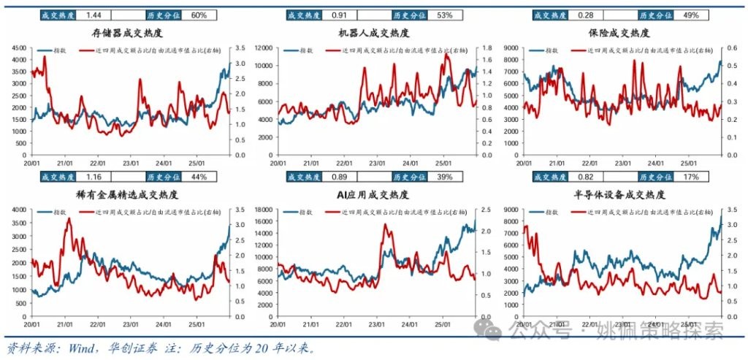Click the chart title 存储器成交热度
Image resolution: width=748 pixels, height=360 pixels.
tap(127, 34)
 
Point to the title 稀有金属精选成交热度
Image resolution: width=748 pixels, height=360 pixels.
tap(127, 195)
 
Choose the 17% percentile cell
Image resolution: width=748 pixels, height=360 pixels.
tap(692, 177)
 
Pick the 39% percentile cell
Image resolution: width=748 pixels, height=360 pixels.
tap(445, 177)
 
